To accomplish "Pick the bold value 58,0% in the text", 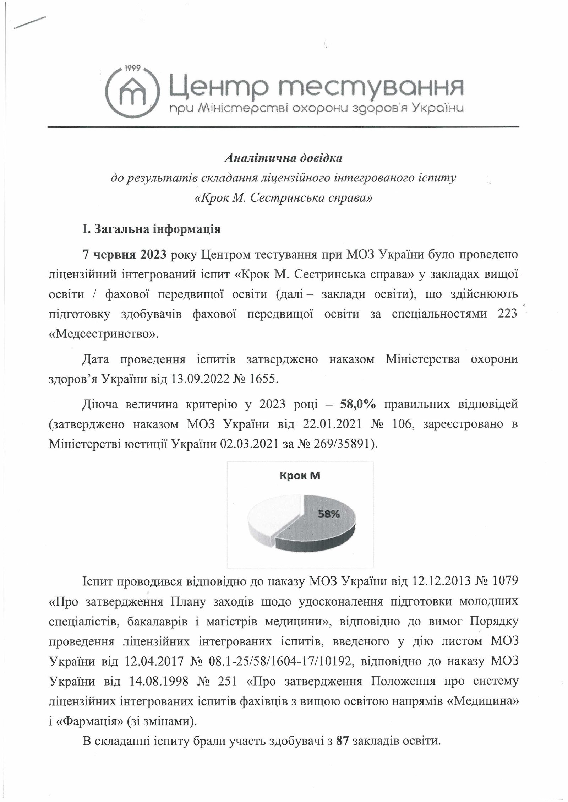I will [358, 405].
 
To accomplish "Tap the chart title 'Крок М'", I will [300, 476].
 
